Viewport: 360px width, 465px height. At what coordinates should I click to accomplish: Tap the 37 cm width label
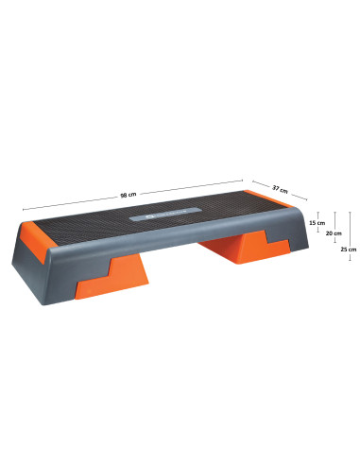coord(280,189)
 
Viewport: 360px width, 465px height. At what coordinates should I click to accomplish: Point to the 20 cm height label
coord(332,232)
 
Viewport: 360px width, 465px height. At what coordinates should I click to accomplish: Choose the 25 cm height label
coord(348,250)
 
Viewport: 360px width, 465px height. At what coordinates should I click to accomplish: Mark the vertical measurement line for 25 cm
coord(351,232)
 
